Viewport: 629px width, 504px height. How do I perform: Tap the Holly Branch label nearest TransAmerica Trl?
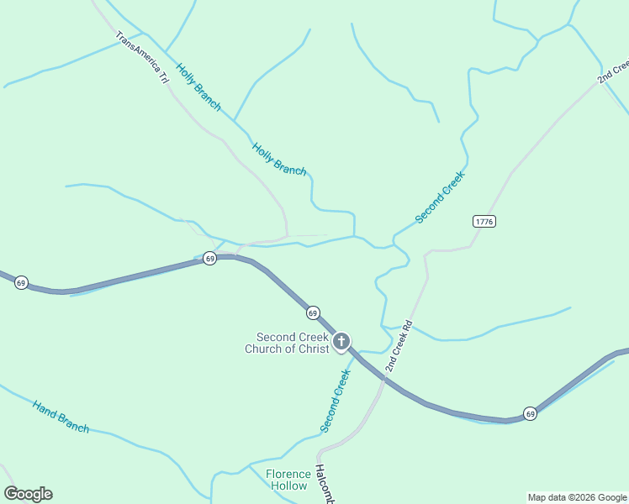pos(198,87)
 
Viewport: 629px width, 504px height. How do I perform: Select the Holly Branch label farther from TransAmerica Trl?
pos(279,158)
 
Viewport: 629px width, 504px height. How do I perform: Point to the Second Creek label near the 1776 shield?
pos(440,197)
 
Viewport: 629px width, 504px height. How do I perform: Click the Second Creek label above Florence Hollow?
pos(335,401)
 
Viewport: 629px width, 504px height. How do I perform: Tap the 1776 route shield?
pos(484,222)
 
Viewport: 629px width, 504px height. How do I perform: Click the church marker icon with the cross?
pos(341,341)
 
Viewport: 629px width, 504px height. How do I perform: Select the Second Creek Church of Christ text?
pos(287,343)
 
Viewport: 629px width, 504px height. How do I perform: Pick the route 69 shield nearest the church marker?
pos(313,312)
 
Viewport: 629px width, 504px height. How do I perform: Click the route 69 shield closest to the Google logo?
pos(21,282)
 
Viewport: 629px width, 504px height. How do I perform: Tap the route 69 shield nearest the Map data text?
pos(530,413)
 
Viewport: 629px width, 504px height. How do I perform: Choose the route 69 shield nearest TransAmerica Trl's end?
pos(210,258)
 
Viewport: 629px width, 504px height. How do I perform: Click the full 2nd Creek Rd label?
pos(398,346)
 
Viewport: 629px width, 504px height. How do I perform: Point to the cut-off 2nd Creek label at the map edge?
pos(614,71)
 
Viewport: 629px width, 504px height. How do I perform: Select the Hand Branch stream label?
pos(61,417)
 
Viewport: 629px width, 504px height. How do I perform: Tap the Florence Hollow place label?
pos(287,480)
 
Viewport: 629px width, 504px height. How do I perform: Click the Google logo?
pos(28,494)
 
